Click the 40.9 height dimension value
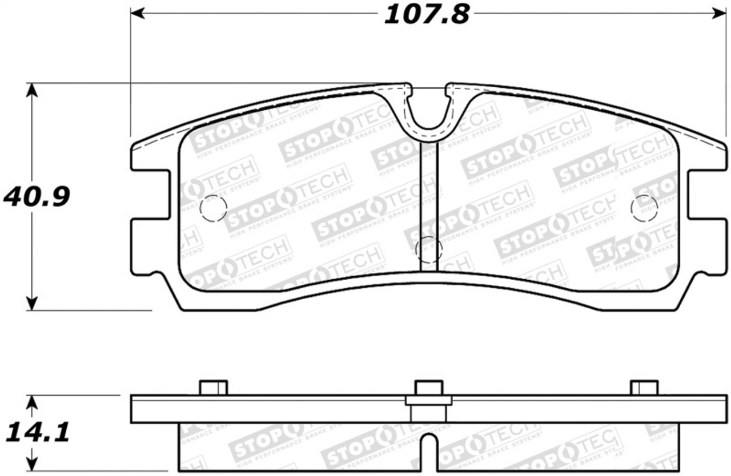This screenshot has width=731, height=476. [37, 197]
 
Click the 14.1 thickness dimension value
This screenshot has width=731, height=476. [37, 432]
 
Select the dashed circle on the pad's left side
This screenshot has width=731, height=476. [213, 208]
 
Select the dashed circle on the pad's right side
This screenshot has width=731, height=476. [644, 208]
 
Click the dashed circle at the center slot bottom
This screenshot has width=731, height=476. [428, 249]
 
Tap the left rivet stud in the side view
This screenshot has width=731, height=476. [214, 388]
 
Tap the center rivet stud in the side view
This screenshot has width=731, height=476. [428, 388]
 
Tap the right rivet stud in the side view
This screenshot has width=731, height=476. [644, 388]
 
